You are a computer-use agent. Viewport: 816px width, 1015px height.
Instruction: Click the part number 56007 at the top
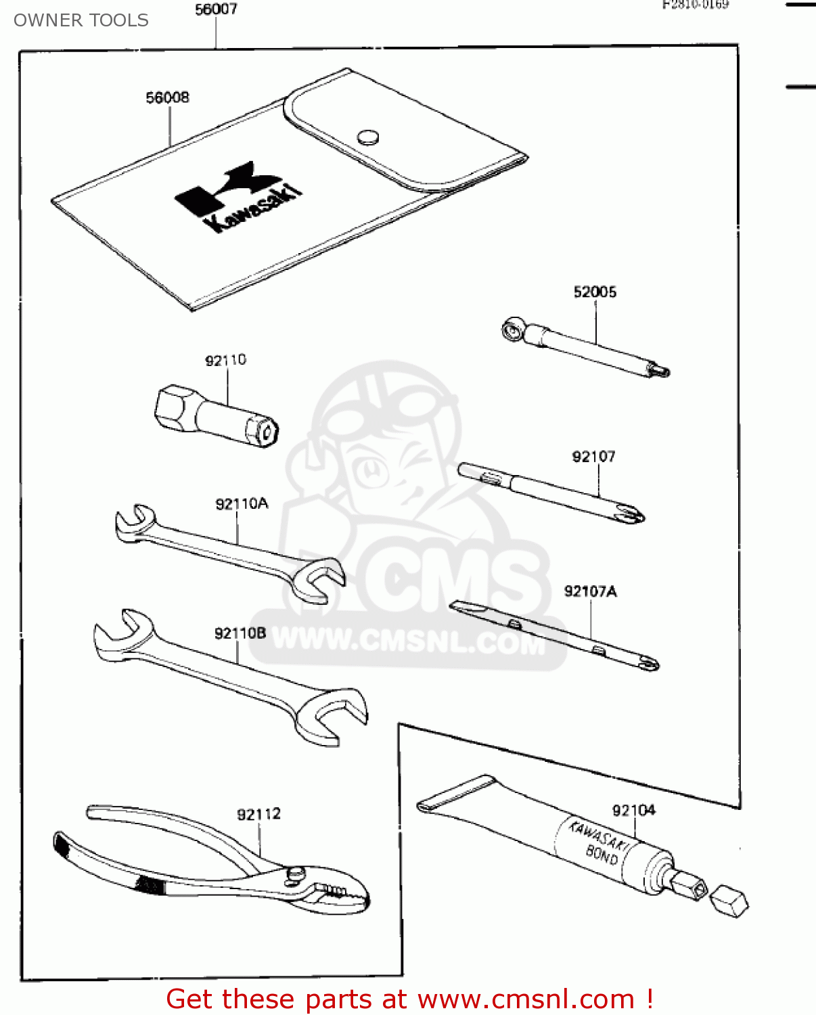tap(216, 9)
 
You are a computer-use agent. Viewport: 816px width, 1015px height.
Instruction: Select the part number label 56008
tap(168, 97)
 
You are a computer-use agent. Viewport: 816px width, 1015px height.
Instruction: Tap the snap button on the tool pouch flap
tap(367, 137)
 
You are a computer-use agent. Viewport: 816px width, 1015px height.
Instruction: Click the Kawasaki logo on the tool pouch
tap(237, 196)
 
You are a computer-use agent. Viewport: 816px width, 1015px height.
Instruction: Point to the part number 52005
tap(595, 292)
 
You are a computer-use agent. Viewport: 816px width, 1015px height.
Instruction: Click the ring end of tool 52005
tap(512, 330)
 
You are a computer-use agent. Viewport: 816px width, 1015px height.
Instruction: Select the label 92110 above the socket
tap(226, 360)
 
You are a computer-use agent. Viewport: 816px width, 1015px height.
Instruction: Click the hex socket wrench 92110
tap(217, 416)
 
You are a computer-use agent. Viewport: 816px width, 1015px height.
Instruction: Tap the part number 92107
tap(593, 457)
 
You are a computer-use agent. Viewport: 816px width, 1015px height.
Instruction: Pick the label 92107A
tap(590, 591)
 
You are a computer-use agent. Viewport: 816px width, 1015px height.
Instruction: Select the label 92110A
tap(242, 504)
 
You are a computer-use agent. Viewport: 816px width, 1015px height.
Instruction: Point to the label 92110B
tap(240, 633)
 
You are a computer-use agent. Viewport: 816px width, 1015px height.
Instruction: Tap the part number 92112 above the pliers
tap(258, 814)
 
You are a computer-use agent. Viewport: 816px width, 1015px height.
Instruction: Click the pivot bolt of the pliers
tap(296, 874)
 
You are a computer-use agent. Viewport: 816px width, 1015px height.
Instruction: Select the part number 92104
tap(633, 810)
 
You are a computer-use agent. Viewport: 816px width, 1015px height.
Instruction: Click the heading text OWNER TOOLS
tap(81, 20)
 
